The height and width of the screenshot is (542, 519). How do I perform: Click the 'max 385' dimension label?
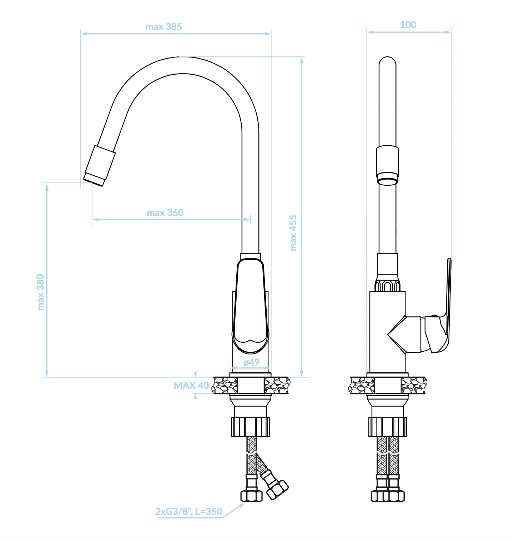163,27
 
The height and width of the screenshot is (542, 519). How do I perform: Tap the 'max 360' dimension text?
165,213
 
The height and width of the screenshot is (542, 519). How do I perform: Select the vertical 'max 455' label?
293,233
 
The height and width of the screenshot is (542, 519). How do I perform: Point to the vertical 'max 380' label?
41,292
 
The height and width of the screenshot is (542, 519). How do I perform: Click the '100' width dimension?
408,25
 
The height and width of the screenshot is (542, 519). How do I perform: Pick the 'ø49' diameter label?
252,362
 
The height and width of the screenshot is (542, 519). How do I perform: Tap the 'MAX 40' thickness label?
191,386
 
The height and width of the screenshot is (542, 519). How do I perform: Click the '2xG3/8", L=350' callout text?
189,512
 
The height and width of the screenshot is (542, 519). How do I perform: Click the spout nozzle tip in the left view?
94,180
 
